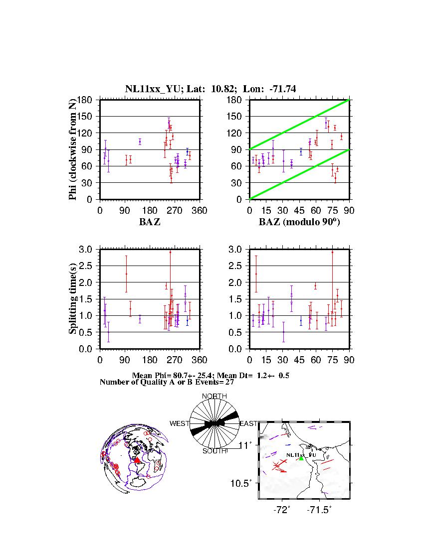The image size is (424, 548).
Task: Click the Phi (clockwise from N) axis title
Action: coord(73,149)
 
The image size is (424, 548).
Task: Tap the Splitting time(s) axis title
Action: coord(73,299)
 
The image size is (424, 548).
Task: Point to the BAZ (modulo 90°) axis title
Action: coord(299,222)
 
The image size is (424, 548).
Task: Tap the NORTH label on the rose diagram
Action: coord(214,396)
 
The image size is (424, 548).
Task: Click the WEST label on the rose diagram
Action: coord(180,424)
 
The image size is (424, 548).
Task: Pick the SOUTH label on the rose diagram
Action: coord(214,451)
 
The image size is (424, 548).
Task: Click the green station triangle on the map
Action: coord(301,458)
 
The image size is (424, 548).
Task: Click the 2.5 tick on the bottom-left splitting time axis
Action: coord(89,266)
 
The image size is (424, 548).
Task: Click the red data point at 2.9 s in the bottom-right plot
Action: coord(332,252)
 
